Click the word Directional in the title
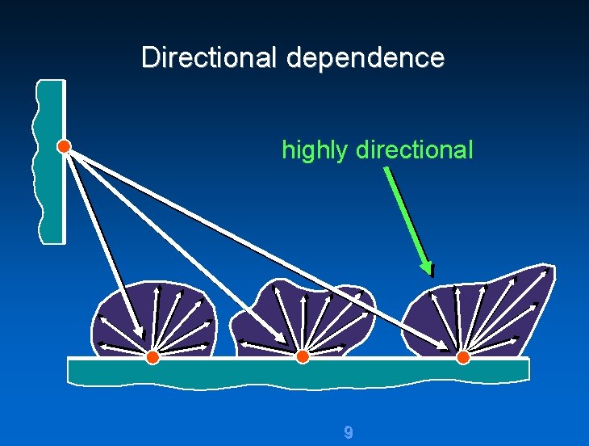210,57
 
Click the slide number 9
348,432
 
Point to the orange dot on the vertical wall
64,146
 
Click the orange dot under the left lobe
152,357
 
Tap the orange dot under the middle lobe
302,357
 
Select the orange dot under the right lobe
462,357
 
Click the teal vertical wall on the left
52,194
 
